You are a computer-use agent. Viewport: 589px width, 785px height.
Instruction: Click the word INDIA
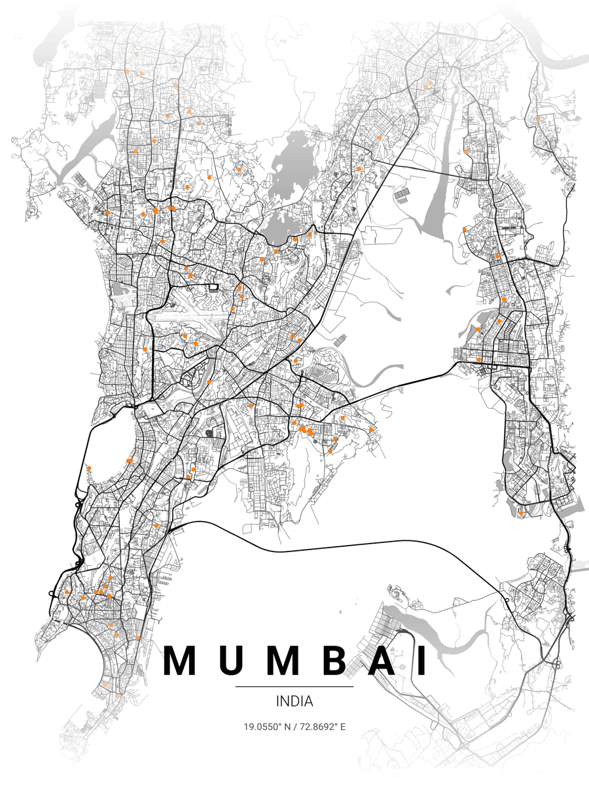coord(294,701)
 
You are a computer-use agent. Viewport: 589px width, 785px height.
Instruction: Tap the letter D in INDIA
coord(296,701)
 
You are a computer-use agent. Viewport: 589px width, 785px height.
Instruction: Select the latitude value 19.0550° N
coord(268,727)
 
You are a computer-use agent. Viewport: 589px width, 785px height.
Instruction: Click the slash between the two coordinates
coord(295,727)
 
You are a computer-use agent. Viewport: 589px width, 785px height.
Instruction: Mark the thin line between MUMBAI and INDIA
coord(294,687)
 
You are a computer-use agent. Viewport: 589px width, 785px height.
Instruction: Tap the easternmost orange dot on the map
coord(537,118)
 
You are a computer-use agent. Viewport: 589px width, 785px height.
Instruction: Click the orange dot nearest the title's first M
coord(137,638)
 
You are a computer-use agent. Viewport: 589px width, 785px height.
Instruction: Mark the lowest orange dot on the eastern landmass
coord(520,514)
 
